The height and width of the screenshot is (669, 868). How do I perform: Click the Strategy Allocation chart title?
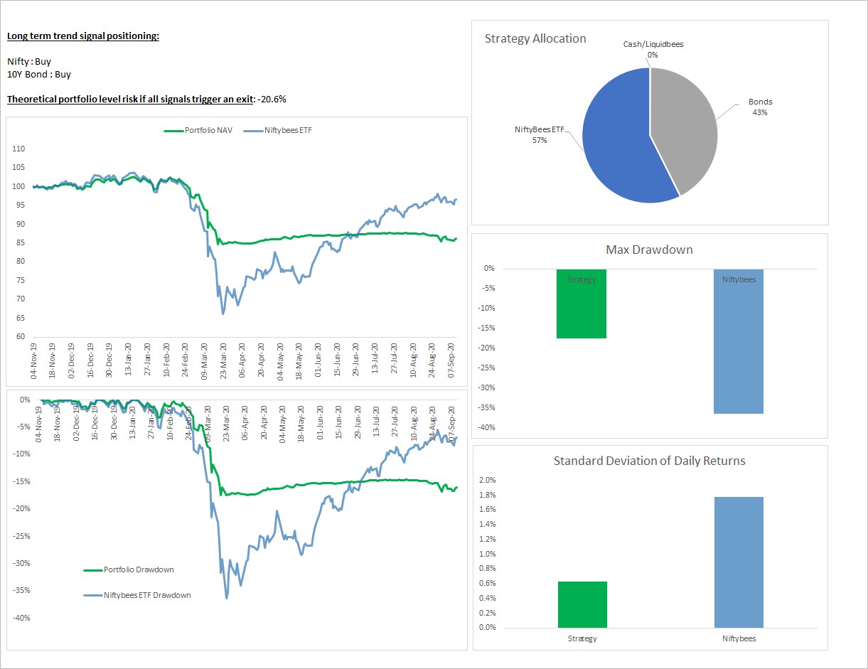click(535, 39)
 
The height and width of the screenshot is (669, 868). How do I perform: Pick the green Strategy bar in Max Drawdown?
click(582, 306)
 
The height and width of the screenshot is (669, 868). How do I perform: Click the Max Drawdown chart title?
click(648, 250)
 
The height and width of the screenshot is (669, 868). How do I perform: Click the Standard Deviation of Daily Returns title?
click(649, 461)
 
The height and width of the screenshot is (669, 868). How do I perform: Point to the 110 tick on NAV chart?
click(18, 149)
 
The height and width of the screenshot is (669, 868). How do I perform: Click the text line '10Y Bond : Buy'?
click(39, 74)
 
